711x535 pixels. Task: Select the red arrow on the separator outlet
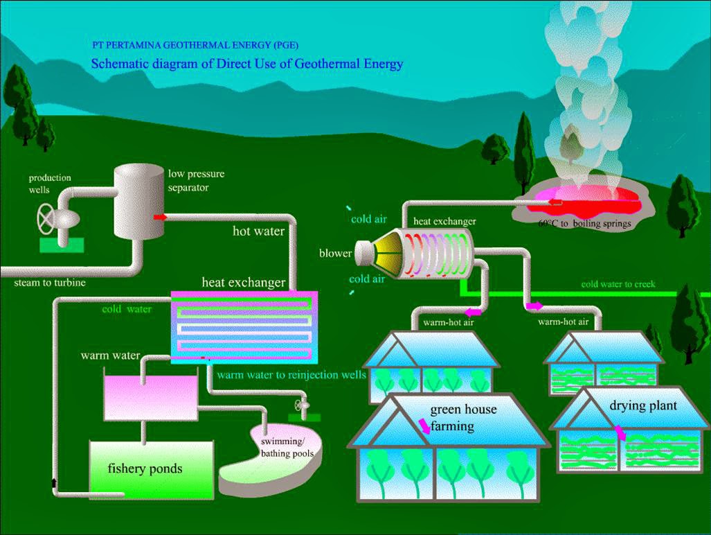pyautogui.click(x=161, y=217)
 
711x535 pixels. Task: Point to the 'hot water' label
pyautogui.click(x=258, y=231)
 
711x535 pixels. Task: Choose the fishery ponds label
pyautogui.click(x=145, y=468)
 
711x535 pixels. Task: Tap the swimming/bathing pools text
pyautogui.click(x=287, y=448)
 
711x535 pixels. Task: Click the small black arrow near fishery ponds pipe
pyautogui.click(x=53, y=482)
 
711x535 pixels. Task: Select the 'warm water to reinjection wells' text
pyautogui.click(x=291, y=375)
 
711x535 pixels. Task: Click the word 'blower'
pyautogui.click(x=335, y=253)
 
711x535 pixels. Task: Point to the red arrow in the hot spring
pyautogui.click(x=555, y=202)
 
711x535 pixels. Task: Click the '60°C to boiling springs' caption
pyautogui.click(x=584, y=224)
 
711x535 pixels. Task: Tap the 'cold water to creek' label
pyautogui.click(x=618, y=284)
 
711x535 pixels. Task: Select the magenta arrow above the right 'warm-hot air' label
pyautogui.click(x=534, y=305)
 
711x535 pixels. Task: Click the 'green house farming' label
pyautogui.click(x=462, y=417)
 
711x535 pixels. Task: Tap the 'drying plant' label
pyautogui.click(x=643, y=405)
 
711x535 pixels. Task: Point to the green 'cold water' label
pyautogui.click(x=127, y=309)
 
